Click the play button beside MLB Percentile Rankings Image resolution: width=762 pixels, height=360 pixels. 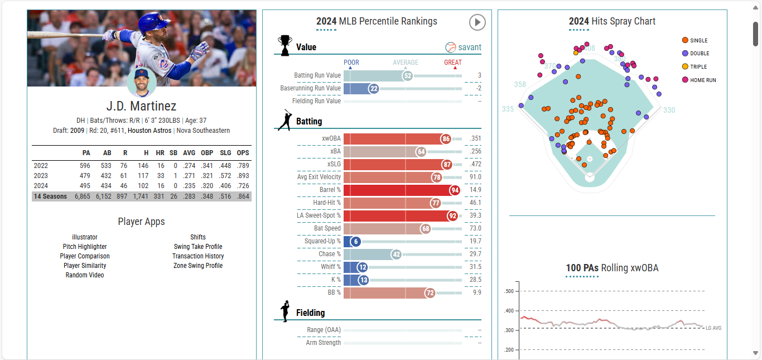pos(477,22)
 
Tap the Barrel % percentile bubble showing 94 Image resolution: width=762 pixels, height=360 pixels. pos(455,190)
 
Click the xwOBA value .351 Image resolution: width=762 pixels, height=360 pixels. pos(475,139)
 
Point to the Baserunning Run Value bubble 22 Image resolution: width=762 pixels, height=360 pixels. pos(374,88)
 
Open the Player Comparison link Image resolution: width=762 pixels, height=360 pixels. pos(85,256)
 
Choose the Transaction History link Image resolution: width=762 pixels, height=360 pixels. pos(198,256)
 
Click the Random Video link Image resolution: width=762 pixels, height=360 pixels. pos(85,275)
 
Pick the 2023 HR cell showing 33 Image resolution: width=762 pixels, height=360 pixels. pos(160,175)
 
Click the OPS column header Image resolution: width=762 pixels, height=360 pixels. pos(243,152)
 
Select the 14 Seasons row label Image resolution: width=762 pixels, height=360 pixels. pos(50,196)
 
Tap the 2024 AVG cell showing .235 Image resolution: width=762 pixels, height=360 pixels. pos(190,186)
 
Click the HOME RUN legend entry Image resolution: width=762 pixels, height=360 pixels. pos(703,80)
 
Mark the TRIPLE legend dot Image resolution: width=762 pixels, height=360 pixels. pos(685,66)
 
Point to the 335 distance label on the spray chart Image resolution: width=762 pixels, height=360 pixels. pos(508,109)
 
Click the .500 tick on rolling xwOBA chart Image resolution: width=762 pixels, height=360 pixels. pos(508,291)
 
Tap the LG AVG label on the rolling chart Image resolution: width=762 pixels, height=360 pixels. pos(713,328)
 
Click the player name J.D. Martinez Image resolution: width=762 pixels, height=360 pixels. pos(141,106)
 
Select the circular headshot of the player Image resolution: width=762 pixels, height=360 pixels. pos(141,82)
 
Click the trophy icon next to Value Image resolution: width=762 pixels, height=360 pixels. pos(284,46)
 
